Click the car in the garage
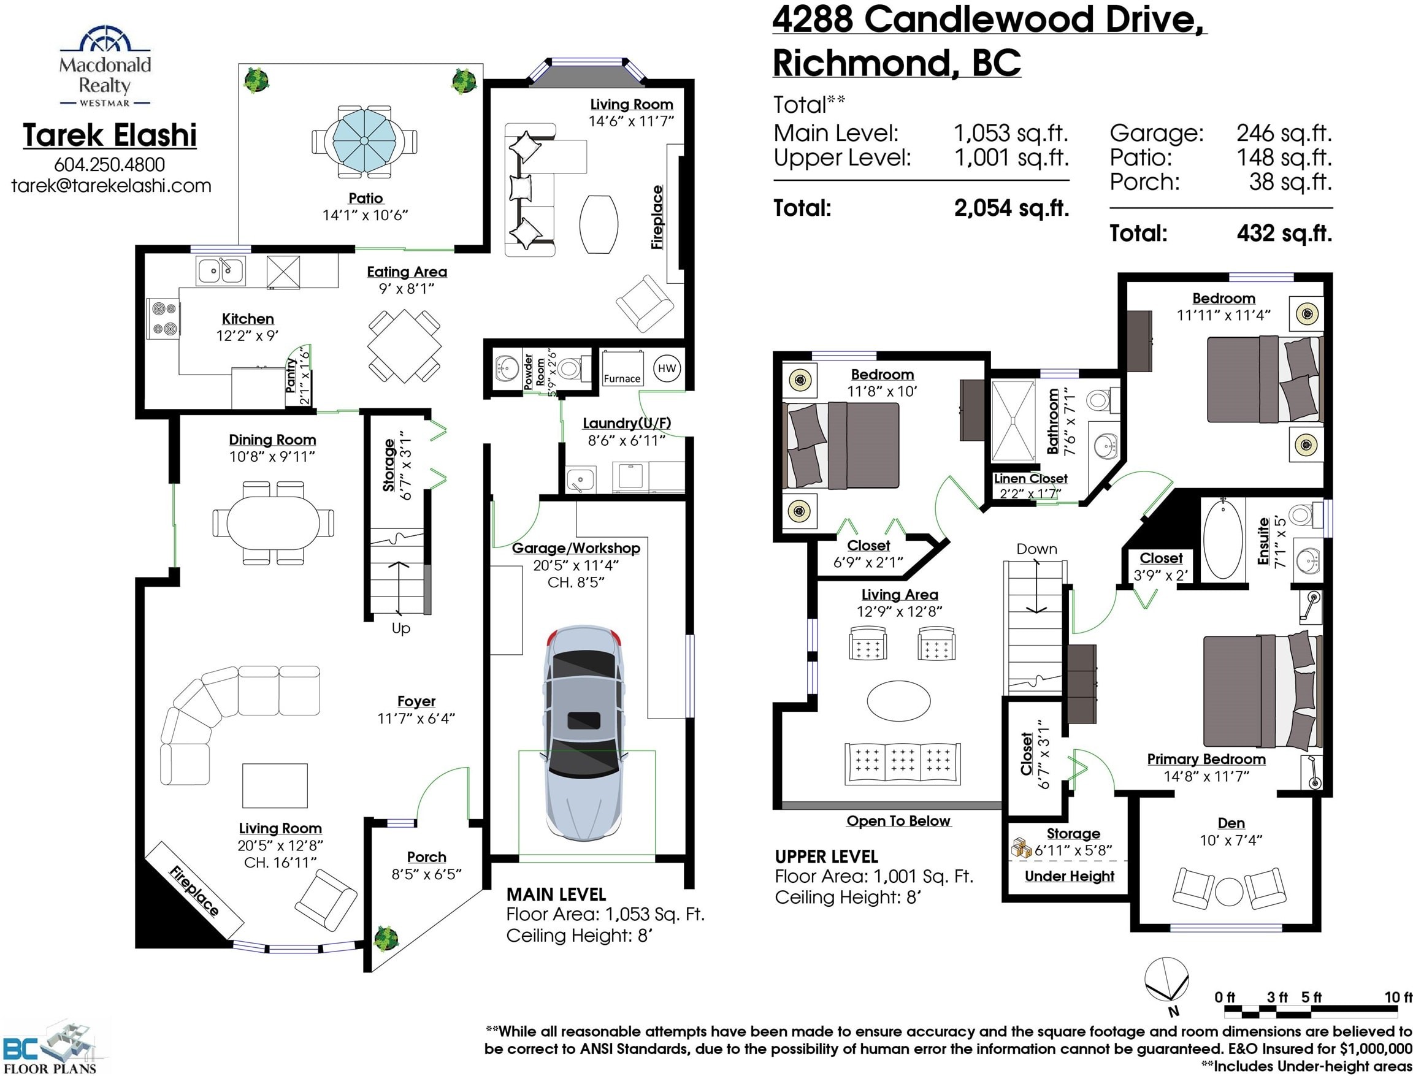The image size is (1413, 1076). [583, 733]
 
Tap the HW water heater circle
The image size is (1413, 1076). [667, 368]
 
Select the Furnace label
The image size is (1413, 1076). [621, 378]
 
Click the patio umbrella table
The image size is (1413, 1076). [364, 140]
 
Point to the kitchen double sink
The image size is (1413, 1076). [220, 271]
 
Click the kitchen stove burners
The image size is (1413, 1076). [163, 319]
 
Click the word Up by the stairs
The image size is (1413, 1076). [401, 628]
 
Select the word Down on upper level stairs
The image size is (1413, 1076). [1036, 549]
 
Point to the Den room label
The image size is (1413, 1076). [1231, 823]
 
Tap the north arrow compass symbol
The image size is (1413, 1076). [1168, 980]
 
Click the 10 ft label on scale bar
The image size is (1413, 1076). [1398, 998]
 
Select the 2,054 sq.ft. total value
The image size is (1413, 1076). [1011, 208]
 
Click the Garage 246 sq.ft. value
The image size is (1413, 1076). [1284, 133]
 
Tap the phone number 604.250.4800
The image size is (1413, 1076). [110, 164]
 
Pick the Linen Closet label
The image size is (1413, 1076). [1030, 478]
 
